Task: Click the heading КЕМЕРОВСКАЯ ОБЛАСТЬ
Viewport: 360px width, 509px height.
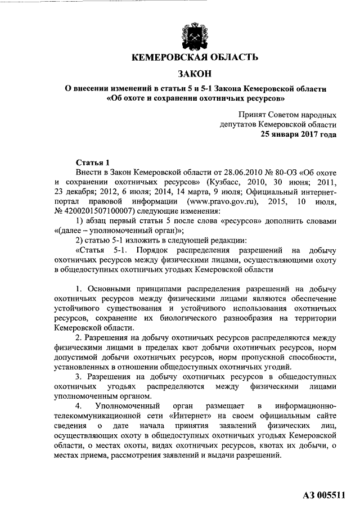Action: click(194, 58)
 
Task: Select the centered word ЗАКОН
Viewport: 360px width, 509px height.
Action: click(194, 74)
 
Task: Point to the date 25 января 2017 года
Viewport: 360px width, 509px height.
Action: click(298, 134)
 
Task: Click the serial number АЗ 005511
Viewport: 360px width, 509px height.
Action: click(323, 496)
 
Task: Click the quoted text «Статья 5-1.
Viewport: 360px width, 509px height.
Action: click(102, 250)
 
